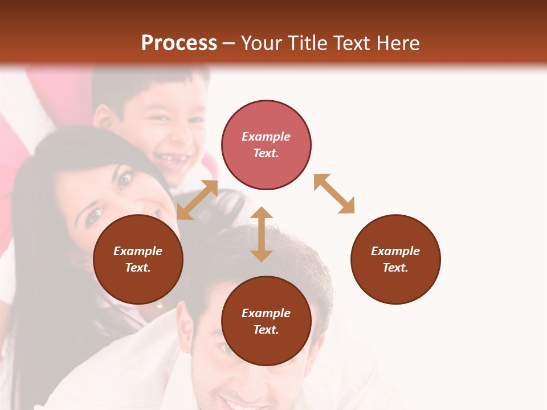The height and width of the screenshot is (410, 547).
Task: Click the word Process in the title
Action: (179, 43)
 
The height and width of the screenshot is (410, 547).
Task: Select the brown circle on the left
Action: (138, 259)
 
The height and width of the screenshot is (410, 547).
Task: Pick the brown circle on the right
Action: (395, 259)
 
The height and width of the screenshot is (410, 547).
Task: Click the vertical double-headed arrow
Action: (262, 234)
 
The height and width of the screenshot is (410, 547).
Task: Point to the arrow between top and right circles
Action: (334, 194)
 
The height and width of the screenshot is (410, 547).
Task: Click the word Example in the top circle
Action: (266, 137)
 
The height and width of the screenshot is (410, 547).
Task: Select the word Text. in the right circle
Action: (395, 268)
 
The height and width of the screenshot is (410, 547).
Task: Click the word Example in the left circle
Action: (138, 251)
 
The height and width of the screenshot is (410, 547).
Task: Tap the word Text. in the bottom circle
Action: (266, 330)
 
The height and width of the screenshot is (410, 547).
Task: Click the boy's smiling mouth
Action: (172, 162)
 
